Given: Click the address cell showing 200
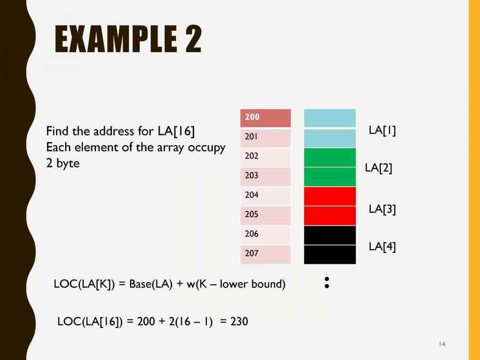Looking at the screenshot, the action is tap(266, 118).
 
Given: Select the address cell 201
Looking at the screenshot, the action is tap(266, 138).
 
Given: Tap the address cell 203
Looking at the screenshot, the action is tap(266, 177).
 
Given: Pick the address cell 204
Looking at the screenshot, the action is tap(266, 196).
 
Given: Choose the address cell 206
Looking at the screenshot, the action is tap(266, 235).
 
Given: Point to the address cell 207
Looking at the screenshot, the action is tap(266, 254).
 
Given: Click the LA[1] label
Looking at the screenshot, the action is tap(382, 131).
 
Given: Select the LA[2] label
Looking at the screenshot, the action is tap(379, 168).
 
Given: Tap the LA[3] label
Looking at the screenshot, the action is tap(382, 209).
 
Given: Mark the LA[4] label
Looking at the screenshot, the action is tap(382, 246).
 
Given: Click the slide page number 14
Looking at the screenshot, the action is tap(442, 344).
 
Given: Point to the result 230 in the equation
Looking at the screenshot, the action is tap(239, 322).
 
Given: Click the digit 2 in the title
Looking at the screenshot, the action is tap(193, 39).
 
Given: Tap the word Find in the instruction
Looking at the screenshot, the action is tap(58, 131).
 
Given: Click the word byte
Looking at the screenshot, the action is tap(68, 164).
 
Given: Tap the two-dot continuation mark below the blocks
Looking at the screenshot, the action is tap(326, 283).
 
